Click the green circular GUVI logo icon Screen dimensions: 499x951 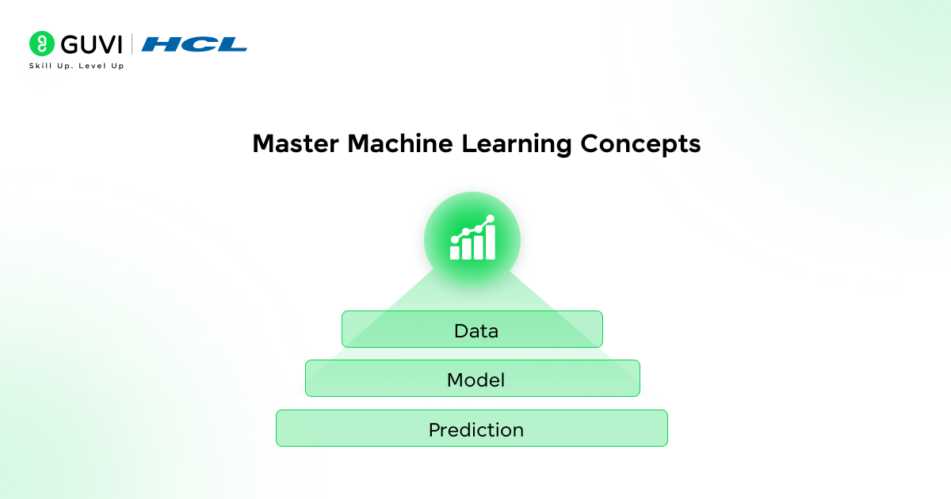[x=42, y=44]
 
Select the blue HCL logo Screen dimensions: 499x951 [x=194, y=44]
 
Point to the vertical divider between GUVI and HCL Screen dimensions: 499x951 [x=132, y=44]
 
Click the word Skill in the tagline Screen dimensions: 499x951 [x=40, y=66]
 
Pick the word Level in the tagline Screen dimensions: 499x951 [x=92, y=66]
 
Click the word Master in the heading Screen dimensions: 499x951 [x=296, y=144]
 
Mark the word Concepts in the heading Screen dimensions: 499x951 [x=640, y=144]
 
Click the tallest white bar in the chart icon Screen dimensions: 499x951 [x=491, y=242]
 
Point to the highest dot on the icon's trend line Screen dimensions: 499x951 [x=491, y=219]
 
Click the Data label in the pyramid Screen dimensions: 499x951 [x=475, y=330]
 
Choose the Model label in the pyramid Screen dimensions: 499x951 [x=475, y=380]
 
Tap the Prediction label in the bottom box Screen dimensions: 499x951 [x=475, y=430]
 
